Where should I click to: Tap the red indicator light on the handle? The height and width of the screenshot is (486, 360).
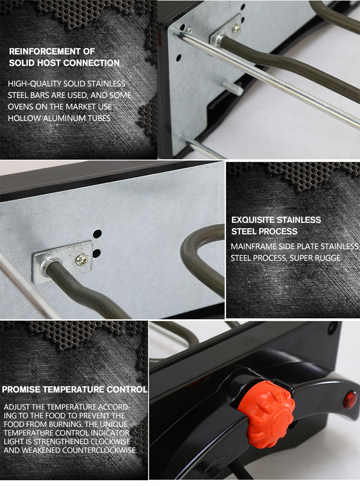pyautogui.click(x=350, y=400)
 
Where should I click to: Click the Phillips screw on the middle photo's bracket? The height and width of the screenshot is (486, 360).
pyautogui.click(x=81, y=260)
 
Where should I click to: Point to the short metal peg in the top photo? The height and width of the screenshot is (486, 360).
pyautogui.click(x=233, y=88)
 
